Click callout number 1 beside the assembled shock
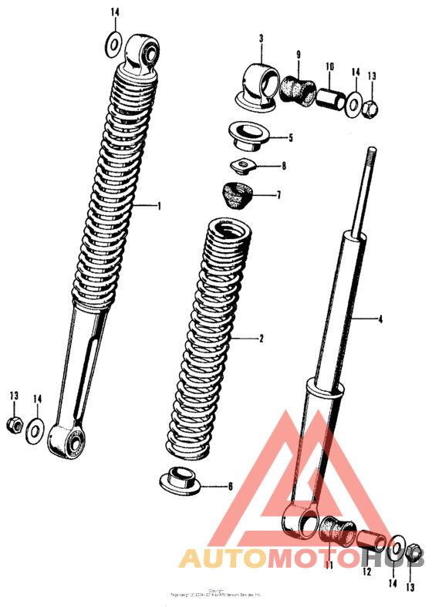coord(159,206)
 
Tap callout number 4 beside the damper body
coord(380,318)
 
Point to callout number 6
coord(229,487)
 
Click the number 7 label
coord(278,195)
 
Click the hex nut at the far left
coord(13,423)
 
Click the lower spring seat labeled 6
coord(181,481)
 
